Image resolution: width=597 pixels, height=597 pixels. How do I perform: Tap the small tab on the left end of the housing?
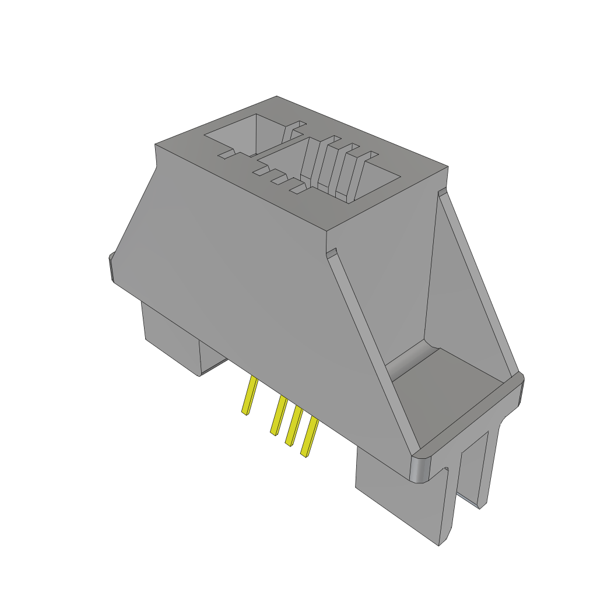[110, 268]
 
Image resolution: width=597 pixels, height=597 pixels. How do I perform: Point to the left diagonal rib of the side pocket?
[373, 350]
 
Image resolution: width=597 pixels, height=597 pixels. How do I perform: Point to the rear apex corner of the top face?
[277, 97]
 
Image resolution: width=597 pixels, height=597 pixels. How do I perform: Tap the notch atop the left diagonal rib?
[332, 253]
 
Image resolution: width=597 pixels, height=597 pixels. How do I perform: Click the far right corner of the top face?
[447, 167]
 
